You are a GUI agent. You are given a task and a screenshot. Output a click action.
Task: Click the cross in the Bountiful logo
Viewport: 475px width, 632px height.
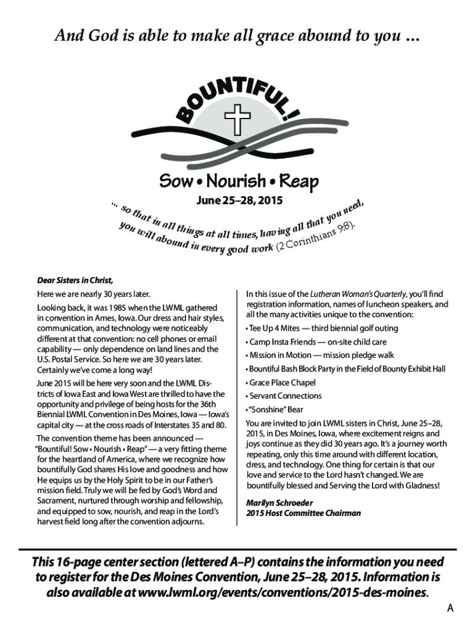(x=236, y=118)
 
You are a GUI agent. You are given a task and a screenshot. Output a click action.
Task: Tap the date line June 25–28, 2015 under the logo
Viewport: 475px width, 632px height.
(x=238, y=201)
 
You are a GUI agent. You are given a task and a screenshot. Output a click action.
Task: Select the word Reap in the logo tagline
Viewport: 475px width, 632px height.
(x=299, y=181)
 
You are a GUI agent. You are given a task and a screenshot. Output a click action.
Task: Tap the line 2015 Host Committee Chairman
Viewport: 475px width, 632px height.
(x=303, y=513)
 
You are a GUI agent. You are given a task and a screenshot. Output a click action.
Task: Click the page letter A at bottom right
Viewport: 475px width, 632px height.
(x=450, y=609)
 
